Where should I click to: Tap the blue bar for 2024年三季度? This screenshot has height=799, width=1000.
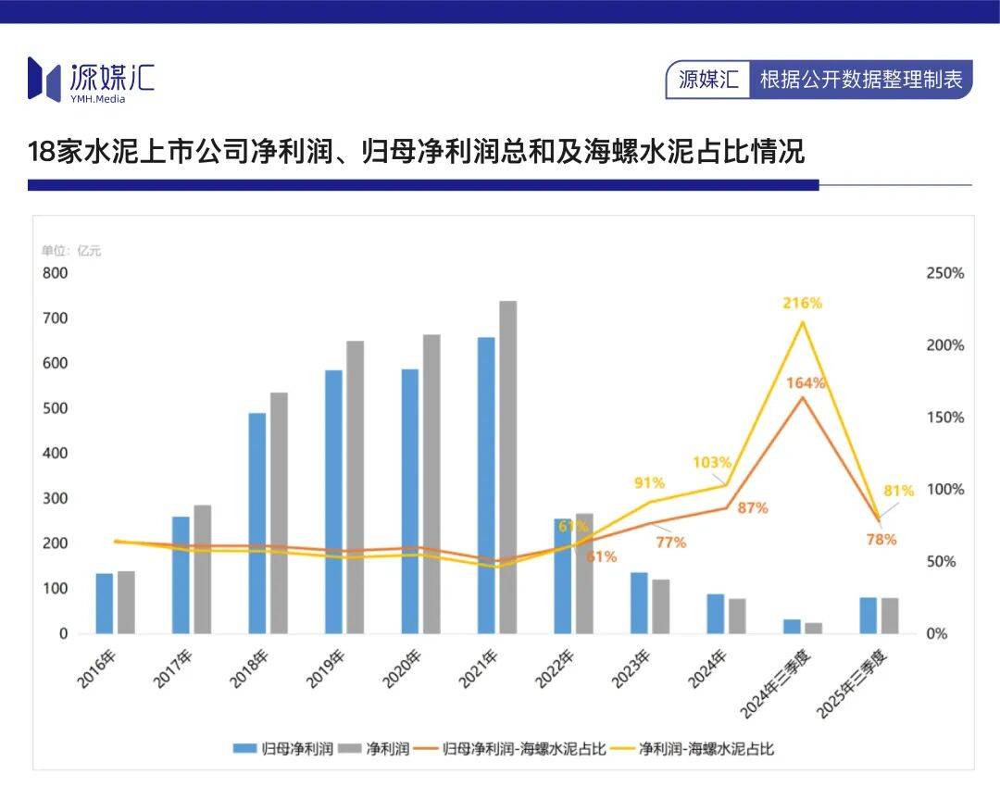tap(792, 627)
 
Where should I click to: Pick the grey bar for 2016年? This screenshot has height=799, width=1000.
tap(126, 603)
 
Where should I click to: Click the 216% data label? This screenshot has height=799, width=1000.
tap(803, 303)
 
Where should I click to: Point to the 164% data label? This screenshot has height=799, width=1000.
tap(806, 382)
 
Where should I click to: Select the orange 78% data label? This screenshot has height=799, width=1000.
tap(881, 539)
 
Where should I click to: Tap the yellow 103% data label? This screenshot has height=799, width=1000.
tap(713, 462)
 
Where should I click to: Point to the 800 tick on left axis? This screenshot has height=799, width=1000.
tap(55, 273)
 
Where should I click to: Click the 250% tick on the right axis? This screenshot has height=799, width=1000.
tap(944, 273)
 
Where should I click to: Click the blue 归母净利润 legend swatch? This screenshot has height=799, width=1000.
tap(244, 748)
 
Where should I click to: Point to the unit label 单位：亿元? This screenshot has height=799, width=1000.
tap(71, 250)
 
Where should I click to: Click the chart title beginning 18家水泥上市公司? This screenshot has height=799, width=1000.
tap(416, 151)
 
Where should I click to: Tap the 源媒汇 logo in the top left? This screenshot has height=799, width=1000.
tap(90, 80)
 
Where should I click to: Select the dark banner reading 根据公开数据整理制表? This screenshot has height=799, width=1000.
tap(860, 80)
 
